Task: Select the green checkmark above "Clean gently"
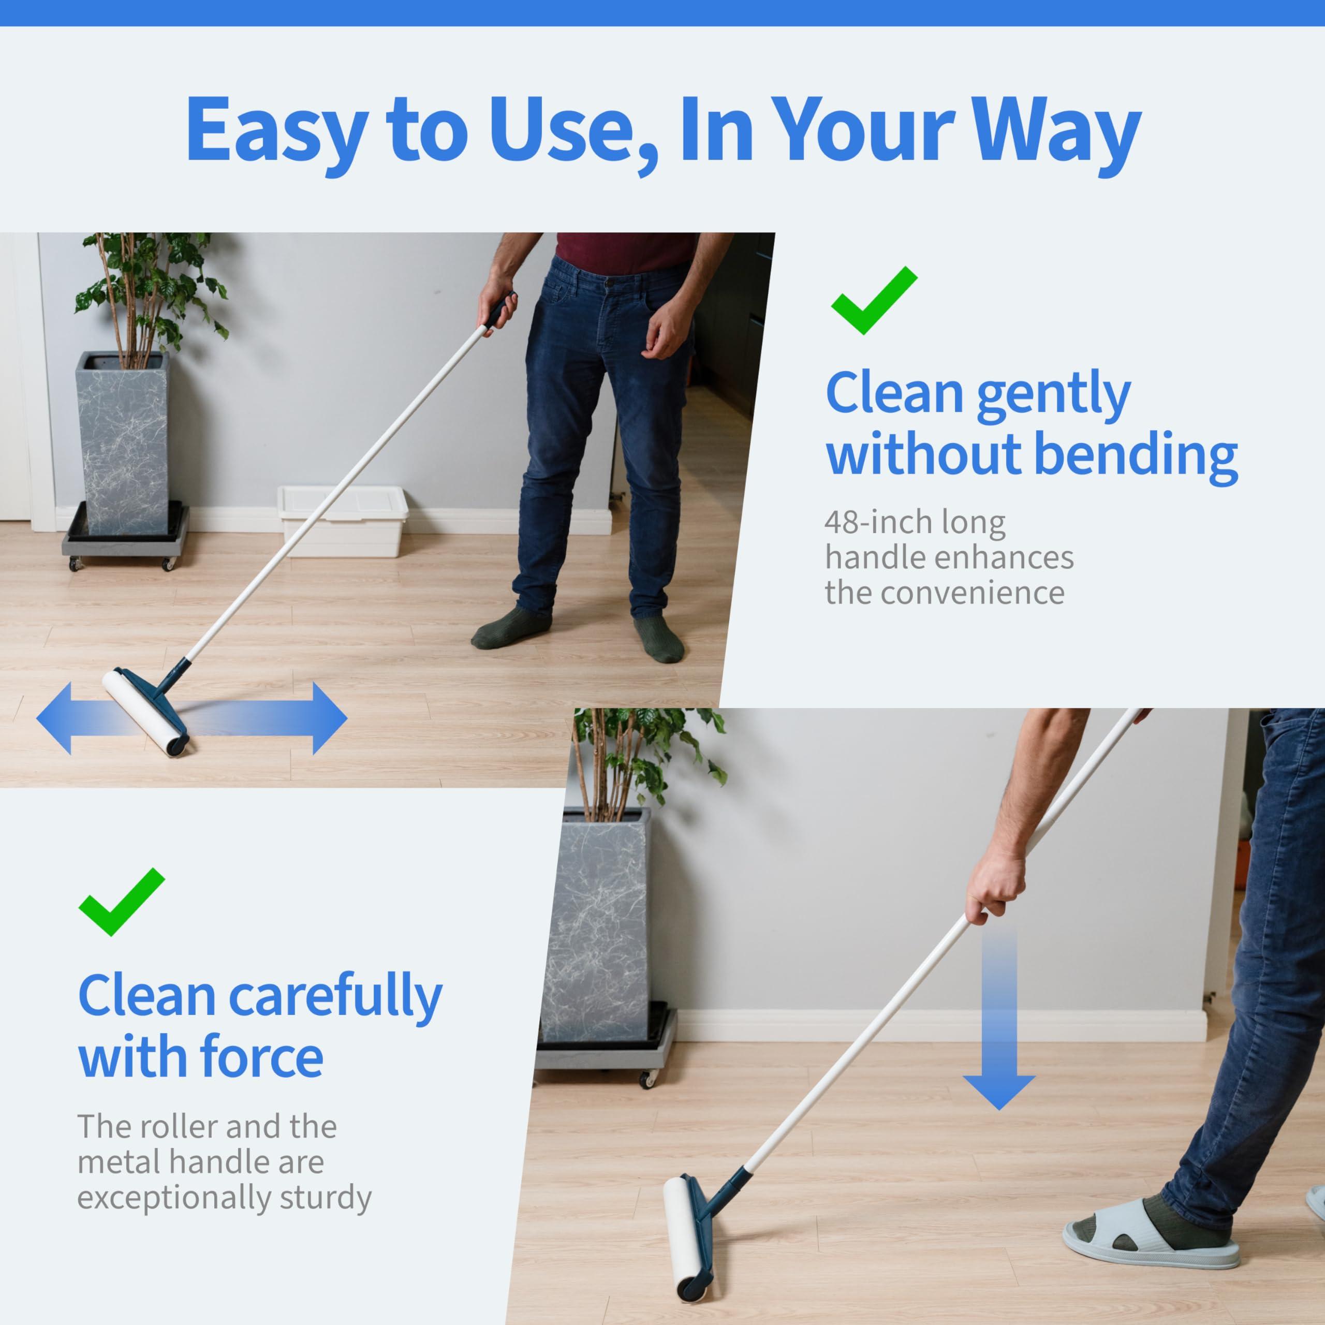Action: pos(873,300)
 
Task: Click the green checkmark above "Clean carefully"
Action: pos(122,902)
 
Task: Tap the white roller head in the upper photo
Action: pos(144,713)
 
